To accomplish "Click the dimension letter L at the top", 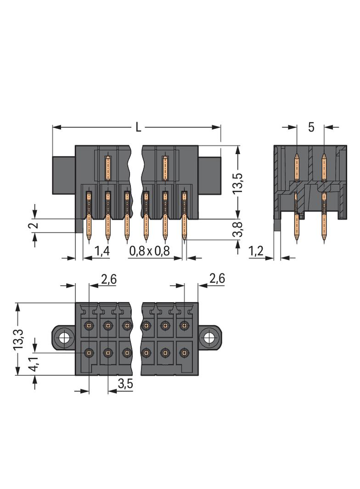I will (138, 127).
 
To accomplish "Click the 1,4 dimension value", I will (102, 250).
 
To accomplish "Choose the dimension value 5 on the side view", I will (311, 128).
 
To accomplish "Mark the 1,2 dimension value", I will (256, 250).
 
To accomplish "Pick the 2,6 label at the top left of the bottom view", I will (108, 279).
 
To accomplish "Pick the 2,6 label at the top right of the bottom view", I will (216, 278).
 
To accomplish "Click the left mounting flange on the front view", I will (64, 175).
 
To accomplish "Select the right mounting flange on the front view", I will (209, 175).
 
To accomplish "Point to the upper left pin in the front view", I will (108, 167).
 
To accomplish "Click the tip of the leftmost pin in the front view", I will (89, 239).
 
